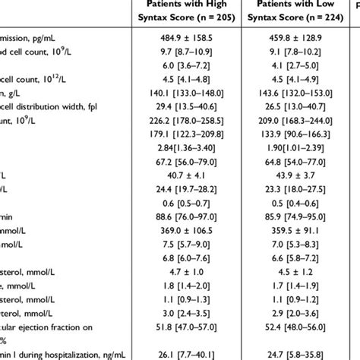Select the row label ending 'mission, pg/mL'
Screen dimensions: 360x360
34,55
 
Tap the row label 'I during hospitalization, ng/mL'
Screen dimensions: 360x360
60,352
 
